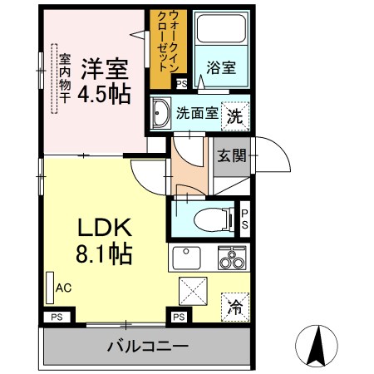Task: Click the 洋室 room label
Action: pyautogui.click(x=106, y=67)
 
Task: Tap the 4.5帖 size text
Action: pyautogui.click(x=104, y=93)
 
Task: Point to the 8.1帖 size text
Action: pyautogui.click(x=104, y=253)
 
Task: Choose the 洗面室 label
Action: pyautogui.click(x=197, y=114)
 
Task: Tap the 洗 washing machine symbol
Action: pyautogui.click(x=236, y=116)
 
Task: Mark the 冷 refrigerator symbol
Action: pyautogui.click(x=235, y=307)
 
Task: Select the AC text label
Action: pyautogui.click(x=63, y=288)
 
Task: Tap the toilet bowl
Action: pyautogui.click(x=204, y=219)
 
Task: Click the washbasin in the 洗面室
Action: pyautogui.click(x=162, y=115)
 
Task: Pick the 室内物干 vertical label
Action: pyautogui.click(x=64, y=78)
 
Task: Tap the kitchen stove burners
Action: pyautogui.click(x=231, y=259)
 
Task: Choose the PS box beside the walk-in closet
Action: pyautogui.click(x=181, y=82)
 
